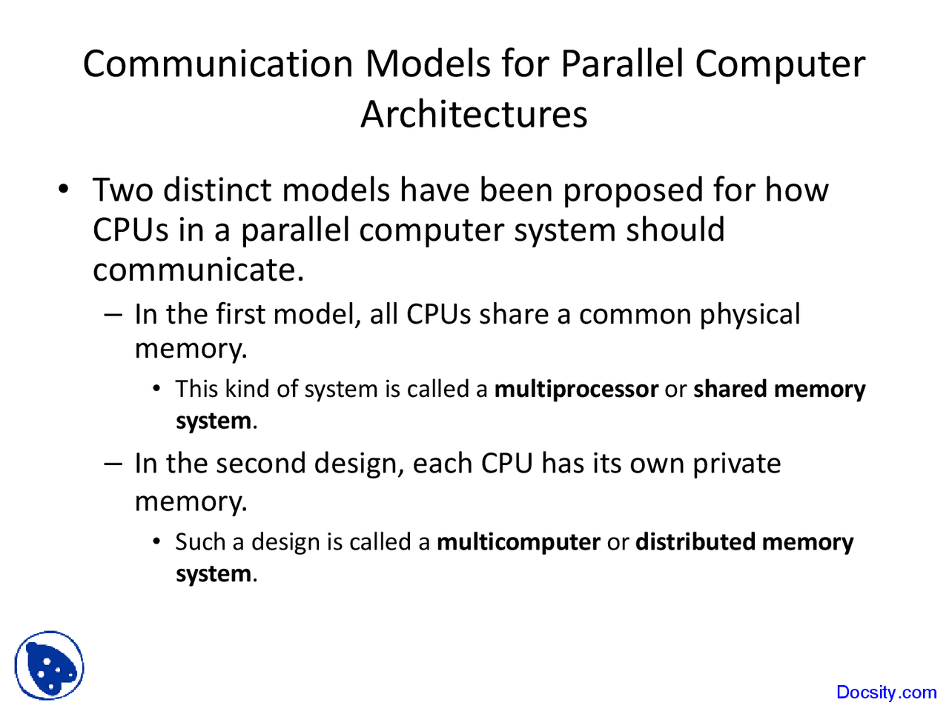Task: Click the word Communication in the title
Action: tap(218, 64)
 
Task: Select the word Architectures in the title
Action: tap(474, 115)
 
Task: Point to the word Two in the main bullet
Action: tap(122, 190)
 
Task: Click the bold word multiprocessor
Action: tap(576, 390)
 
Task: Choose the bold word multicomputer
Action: tap(518, 543)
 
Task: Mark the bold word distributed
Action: tap(695, 542)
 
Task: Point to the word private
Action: tap(736, 464)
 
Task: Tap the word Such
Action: tap(200, 542)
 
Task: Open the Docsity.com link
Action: tap(886, 692)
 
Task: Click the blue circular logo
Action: tap(49, 665)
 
